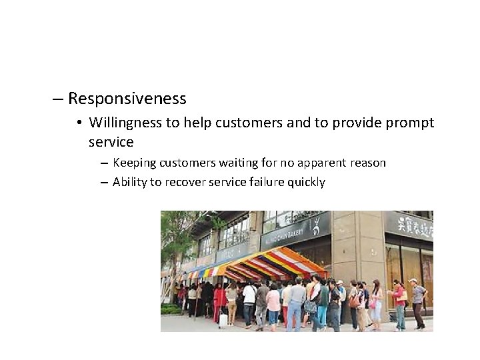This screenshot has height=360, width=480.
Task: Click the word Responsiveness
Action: [x=127, y=99]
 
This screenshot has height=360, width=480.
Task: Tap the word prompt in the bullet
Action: [x=409, y=123]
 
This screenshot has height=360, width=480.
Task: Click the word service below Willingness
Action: [x=111, y=142]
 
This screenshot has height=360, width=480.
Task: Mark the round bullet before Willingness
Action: [x=79, y=123]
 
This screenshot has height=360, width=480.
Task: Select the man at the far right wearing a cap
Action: [x=417, y=303]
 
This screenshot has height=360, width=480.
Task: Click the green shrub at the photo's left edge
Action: [x=171, y=309]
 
